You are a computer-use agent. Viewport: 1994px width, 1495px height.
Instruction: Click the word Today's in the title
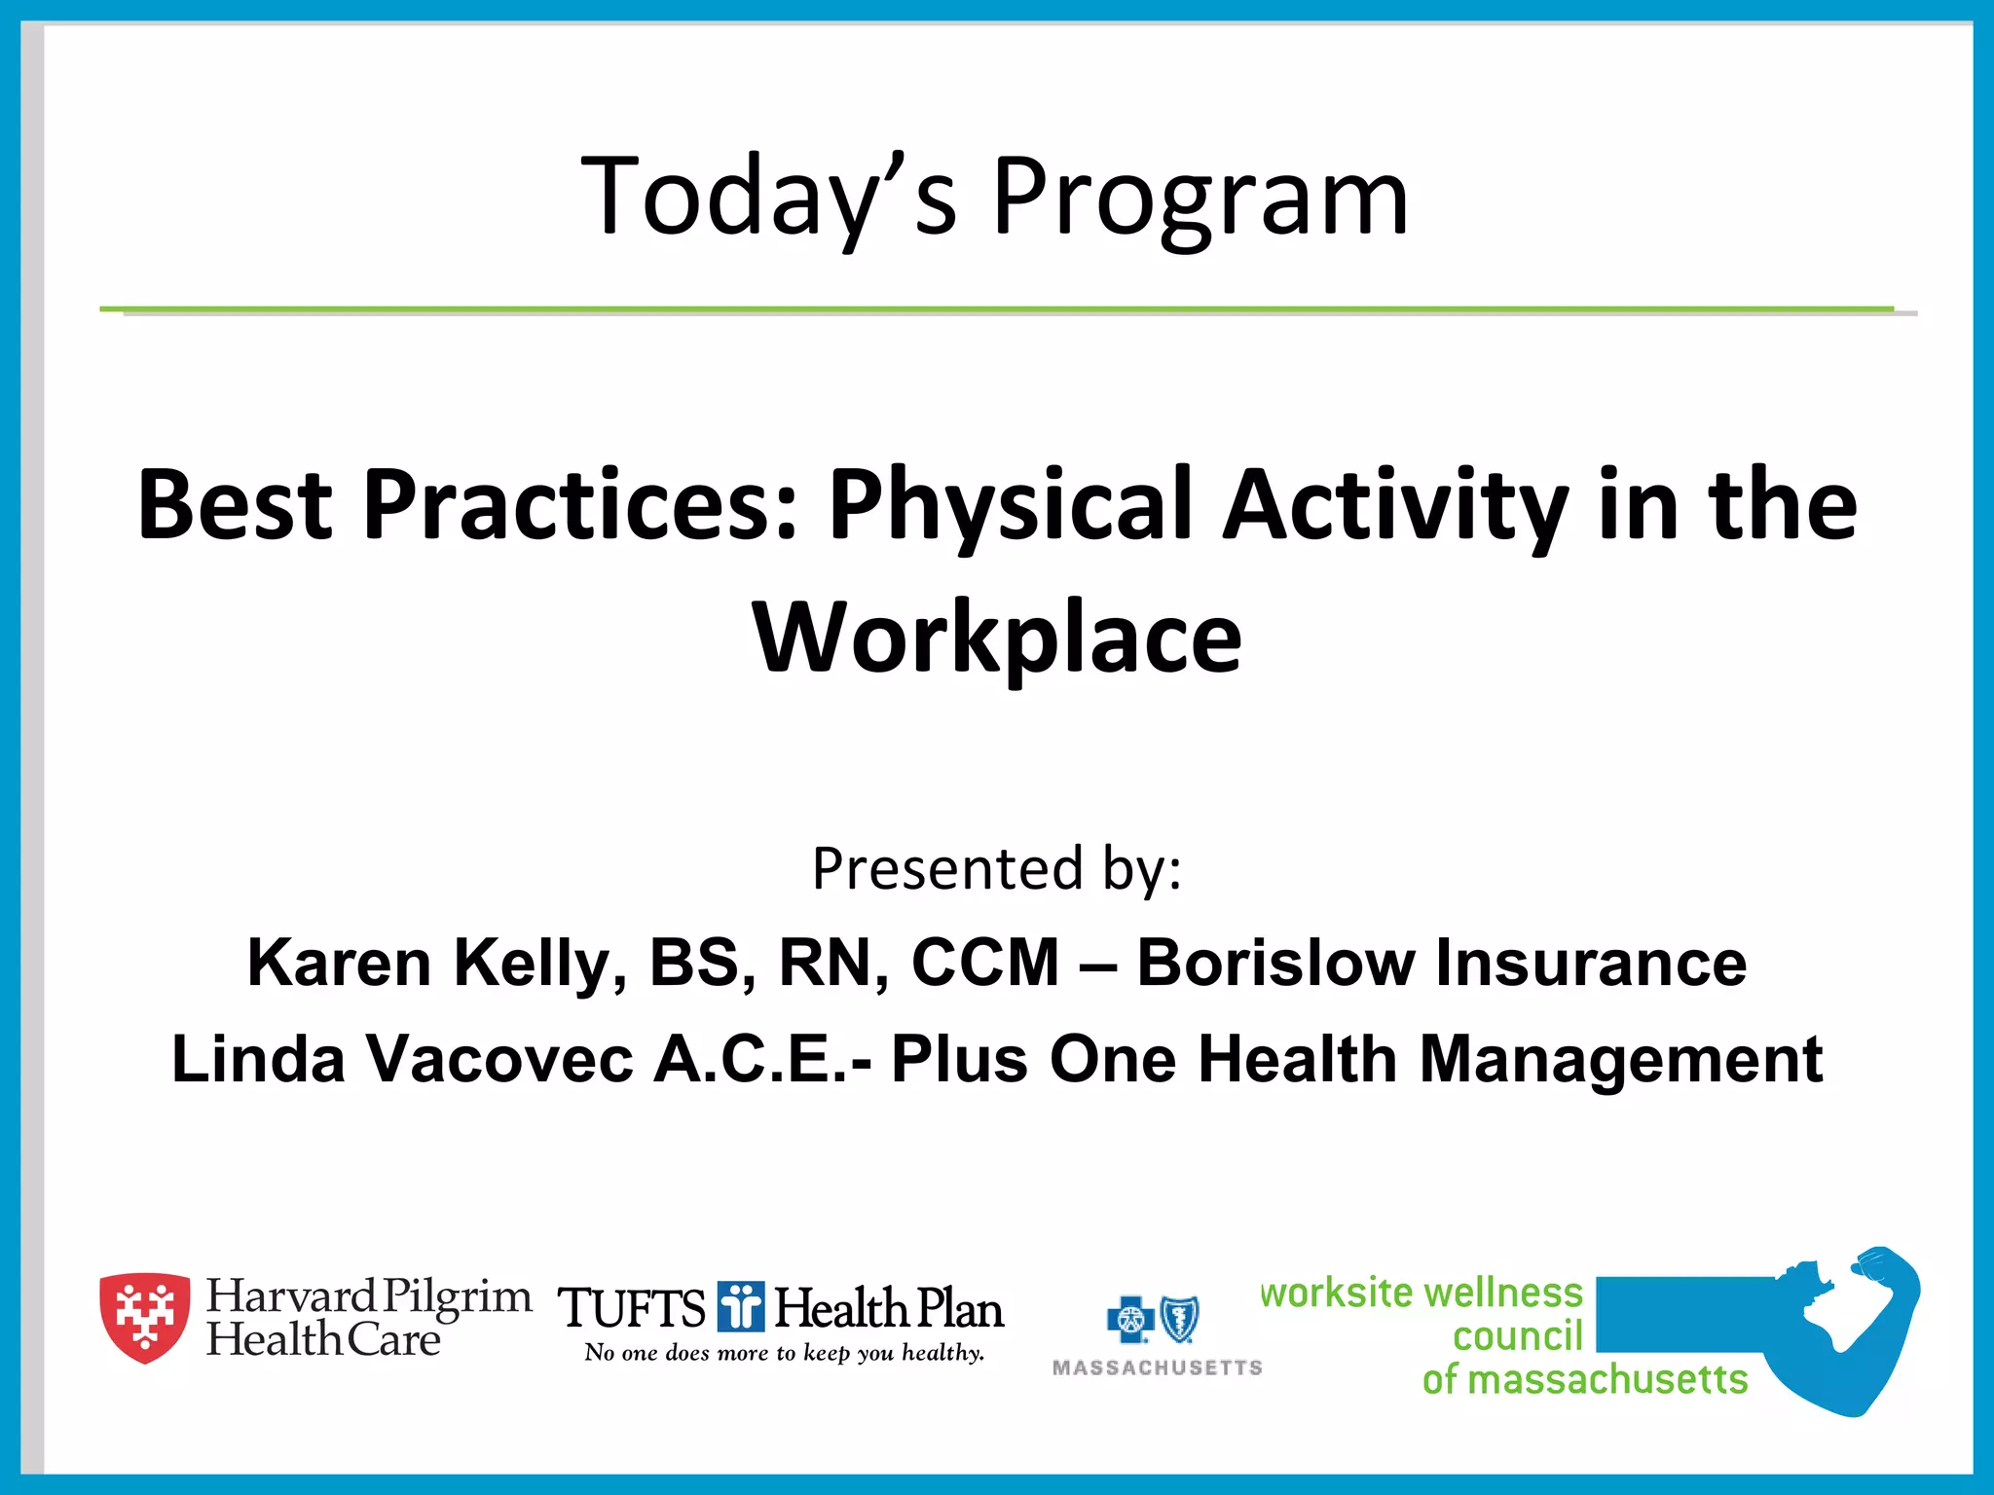tap(769, 197)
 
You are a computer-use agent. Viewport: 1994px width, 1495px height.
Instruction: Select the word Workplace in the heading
tap(997, 638)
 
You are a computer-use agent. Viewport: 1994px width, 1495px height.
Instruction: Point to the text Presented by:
tap(997, 868)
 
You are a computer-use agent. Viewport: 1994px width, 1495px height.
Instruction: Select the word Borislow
tap(1275, 963)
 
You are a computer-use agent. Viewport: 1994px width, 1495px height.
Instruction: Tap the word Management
tap(1620, 1059)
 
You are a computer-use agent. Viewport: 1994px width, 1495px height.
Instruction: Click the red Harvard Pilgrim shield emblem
tap(145, 1317)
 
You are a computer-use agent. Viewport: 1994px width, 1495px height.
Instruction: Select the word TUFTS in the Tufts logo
tap(631, 1308)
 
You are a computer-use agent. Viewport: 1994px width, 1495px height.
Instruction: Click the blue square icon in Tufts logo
tap(741, 1306)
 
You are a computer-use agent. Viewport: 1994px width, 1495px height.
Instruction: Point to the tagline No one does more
tap(784, 1353)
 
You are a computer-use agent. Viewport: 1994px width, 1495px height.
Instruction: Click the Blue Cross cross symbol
tap(1130, 1320)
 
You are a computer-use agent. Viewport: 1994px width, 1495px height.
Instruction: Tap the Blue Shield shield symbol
tap(1180, 1320)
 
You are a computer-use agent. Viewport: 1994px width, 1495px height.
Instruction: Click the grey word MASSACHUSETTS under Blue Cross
tap(1157, 1368)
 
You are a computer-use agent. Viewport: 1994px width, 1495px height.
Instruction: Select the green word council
tap(1517, 1336)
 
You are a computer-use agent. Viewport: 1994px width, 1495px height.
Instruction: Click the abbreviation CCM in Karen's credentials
tap(984, 963)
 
